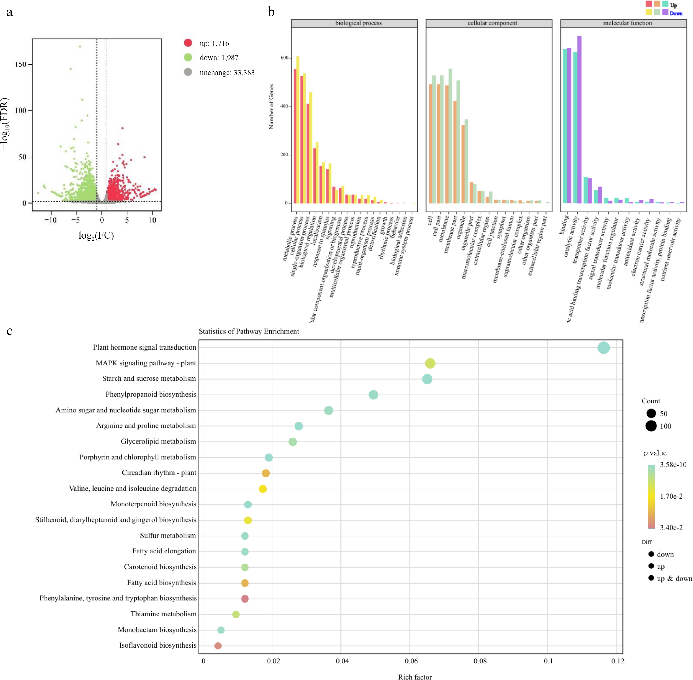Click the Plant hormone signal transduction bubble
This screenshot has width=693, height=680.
click(x=603, y=348)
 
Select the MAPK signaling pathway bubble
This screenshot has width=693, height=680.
click(x=430, y=363)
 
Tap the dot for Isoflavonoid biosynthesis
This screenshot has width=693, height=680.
click(x=218, y=646)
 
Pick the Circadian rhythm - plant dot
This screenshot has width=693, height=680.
click(x=266, y=473)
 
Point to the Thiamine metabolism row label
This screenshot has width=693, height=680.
click(x=163, y=614)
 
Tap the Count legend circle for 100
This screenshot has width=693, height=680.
click(x=651, y=426)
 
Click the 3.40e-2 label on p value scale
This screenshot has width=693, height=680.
click(x=671, y=528)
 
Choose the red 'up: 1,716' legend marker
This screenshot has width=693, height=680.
click(x=188, y=43)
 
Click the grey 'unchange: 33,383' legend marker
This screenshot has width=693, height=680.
click(x=188, y=72)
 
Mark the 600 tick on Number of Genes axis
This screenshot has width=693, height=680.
click(x=285, y=58)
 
